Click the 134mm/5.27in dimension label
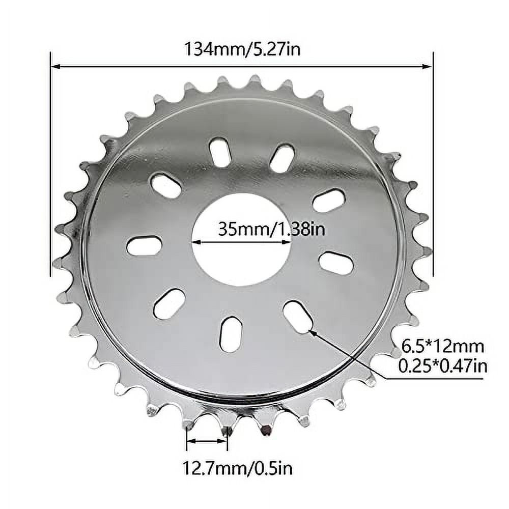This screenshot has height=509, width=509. pos(241,49)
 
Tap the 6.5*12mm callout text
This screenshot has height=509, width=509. pos(443,347)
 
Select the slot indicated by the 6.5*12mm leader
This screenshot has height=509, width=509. pos(298,317)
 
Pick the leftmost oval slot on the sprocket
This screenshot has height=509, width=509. pos(144,246)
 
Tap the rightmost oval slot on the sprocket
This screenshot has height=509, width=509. pos(336,263)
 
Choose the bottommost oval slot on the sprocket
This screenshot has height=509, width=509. pos(231,334)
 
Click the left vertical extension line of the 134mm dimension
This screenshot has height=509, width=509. pos(51,163)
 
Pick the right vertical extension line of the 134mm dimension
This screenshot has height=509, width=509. pos(433,163)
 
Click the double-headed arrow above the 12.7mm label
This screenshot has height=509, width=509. pos(207,441)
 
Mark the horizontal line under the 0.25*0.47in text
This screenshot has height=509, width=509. pos(433,378)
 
